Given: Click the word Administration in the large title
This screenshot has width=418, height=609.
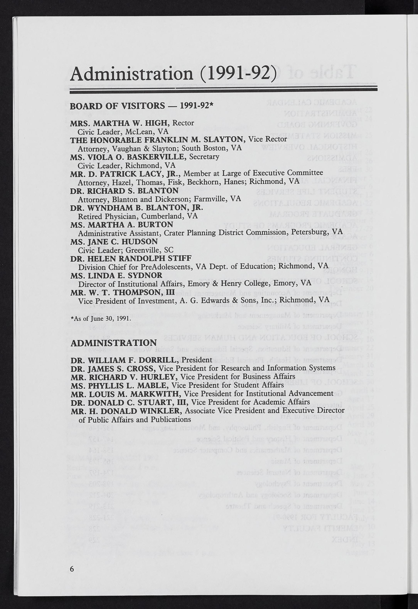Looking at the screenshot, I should point(132,74).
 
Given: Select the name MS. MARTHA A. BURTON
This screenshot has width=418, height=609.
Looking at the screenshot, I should point(122,225).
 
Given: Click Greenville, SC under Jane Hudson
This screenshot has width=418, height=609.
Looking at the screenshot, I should point(149,250).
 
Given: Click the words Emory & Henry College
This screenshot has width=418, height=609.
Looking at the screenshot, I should point(233,283).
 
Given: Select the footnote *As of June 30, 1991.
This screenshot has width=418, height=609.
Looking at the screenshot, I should point(101,319).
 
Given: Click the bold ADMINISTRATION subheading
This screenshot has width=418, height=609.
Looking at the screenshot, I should point(114,343).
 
